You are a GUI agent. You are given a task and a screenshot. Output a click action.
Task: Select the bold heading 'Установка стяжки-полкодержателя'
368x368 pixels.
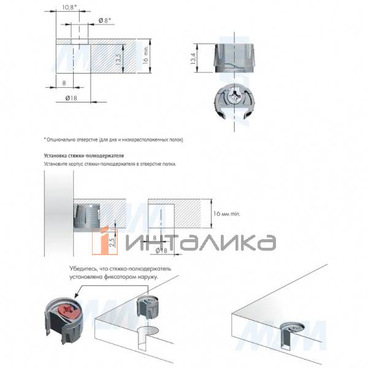84,156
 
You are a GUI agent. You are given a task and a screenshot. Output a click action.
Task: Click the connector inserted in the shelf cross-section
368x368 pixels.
88,214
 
